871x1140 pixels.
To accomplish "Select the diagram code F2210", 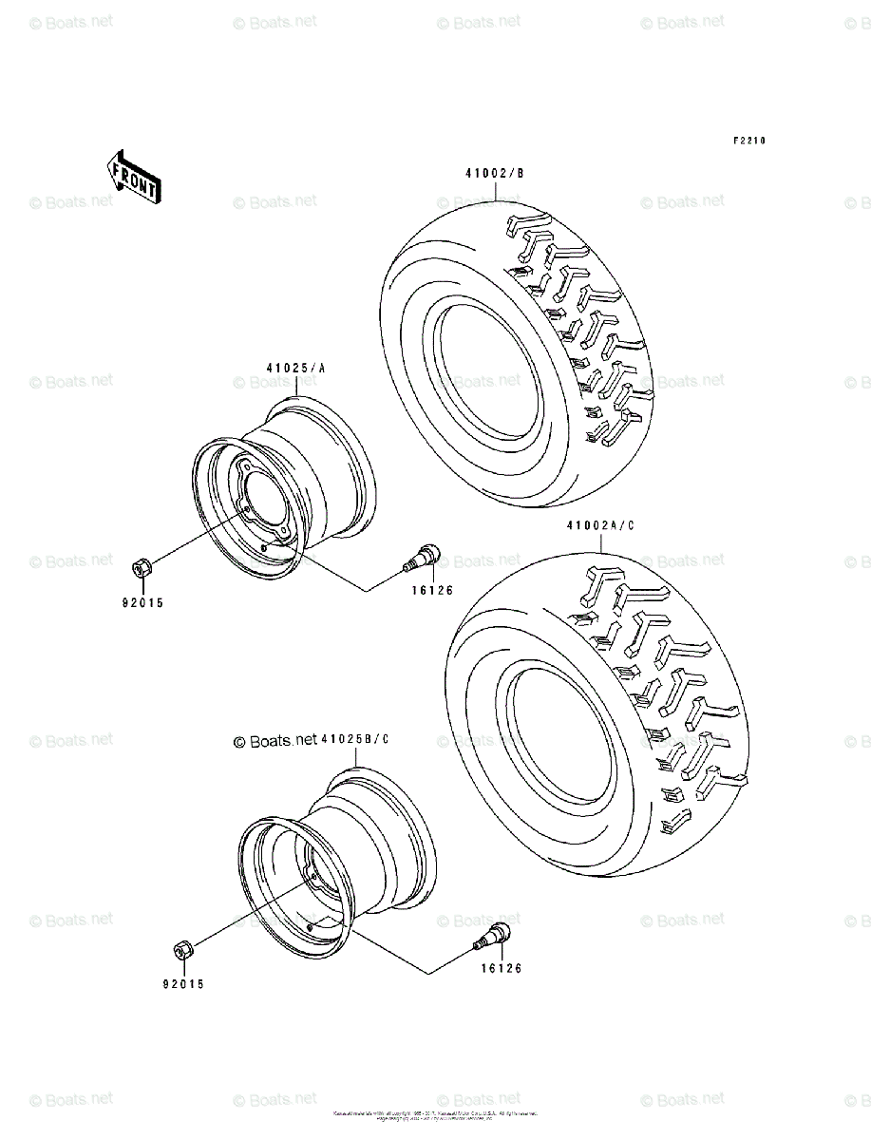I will [748, 141].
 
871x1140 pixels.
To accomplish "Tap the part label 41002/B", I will [494, 173].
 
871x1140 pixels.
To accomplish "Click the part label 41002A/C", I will [600, 524].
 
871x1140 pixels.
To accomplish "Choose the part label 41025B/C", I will [354, 740].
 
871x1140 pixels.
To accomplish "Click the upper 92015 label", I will [142, 601].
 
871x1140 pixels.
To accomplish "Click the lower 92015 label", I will [182, 985].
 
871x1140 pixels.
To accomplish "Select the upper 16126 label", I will [433, 590].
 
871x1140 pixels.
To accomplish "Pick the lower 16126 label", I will [501, 968].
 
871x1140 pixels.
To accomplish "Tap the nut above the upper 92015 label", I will [139, 568].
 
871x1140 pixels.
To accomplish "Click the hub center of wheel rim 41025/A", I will [262, 496].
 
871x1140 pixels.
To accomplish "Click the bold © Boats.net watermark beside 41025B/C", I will [275, 741].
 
